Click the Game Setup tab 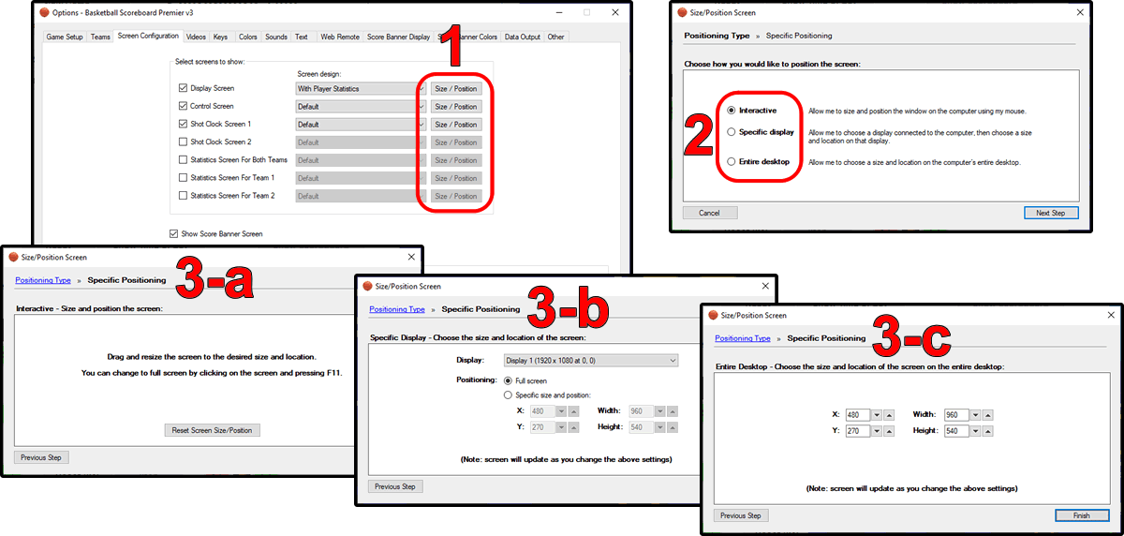click(x=65, y=37)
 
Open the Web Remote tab click(x=340, y=37)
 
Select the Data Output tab click(x=522, y=37)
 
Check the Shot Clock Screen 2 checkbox click(x=184, y=142)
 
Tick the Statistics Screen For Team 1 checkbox click(x=184, y=178)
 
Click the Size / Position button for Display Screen click(x=455, y=89)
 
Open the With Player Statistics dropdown click(x=361, y=89)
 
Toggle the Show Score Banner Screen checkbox click(x=173, y=234)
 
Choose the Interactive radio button click(x=732, y=111)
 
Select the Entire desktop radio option click(x=732, y=161)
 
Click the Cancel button click(x=710, y=213)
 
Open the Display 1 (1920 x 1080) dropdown click(x=591, y=361)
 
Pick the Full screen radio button click(x=508, y=381)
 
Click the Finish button click(x=1081, y=515)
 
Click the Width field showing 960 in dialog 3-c click(x=956, y=415)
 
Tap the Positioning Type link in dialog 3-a click(x=43, y=280)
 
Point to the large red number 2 click(x=699, y=135)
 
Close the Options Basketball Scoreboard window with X click(x=615, y=12)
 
